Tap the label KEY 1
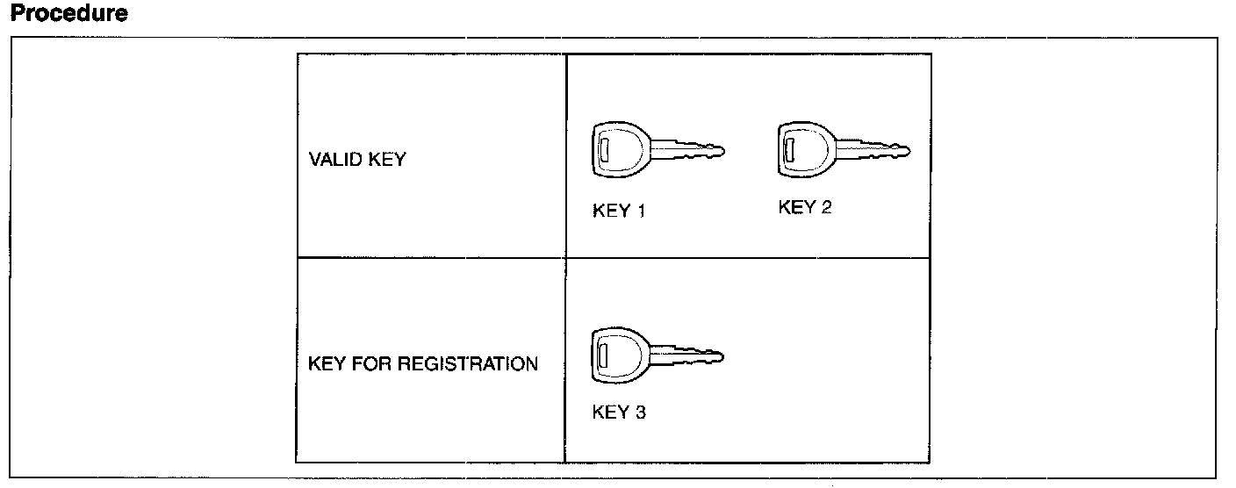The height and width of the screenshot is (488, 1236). pos(620,211)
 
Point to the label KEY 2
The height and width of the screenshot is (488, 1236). pos(804,207)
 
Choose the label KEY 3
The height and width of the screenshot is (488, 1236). pos(620,413)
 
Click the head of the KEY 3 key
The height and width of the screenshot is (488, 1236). pos(618,356)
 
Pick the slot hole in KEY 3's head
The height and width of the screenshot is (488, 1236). pos(602,357)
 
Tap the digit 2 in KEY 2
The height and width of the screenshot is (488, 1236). pos(825,207)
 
